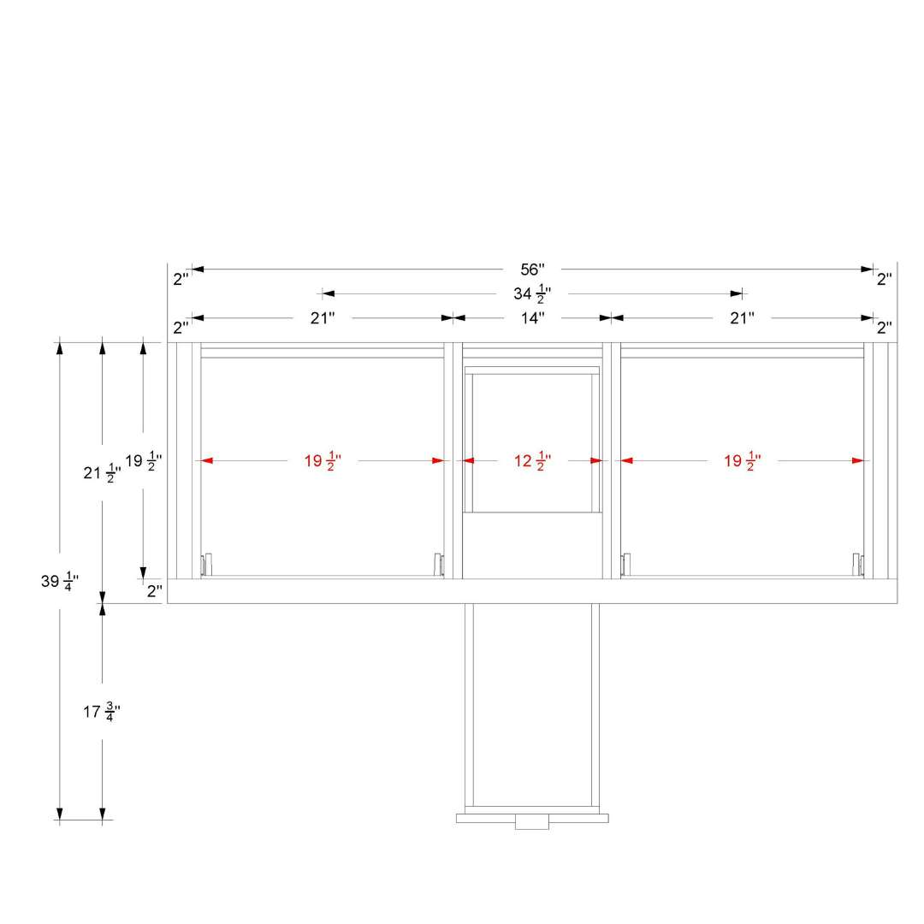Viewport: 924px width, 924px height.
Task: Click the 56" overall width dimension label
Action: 532,269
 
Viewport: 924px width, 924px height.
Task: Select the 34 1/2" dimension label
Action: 532,293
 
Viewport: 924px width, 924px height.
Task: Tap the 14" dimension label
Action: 532,318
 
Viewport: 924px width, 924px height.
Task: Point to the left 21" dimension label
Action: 323,318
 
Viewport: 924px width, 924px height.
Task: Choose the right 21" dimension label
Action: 742,318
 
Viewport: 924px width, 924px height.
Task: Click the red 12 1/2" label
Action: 532,461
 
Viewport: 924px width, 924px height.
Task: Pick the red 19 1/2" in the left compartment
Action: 323,461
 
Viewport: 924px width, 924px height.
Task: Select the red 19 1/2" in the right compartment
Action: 742,461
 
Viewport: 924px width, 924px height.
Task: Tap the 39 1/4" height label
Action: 60,582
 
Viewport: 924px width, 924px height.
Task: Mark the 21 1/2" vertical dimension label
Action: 102,473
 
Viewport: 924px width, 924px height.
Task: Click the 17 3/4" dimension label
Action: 102,712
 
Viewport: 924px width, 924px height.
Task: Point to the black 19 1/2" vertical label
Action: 143,461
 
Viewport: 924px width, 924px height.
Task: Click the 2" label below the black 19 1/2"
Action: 154,591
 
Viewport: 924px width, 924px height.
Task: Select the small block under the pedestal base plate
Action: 532,822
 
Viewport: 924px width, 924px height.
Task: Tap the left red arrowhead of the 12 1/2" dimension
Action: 468,461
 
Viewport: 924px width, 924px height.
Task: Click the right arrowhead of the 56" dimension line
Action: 867,269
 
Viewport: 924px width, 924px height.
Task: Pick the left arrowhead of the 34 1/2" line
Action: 329,293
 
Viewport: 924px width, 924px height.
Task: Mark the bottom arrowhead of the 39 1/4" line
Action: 60,814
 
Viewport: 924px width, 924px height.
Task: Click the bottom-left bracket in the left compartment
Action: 206,565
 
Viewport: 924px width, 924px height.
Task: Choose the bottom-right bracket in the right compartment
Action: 858,565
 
